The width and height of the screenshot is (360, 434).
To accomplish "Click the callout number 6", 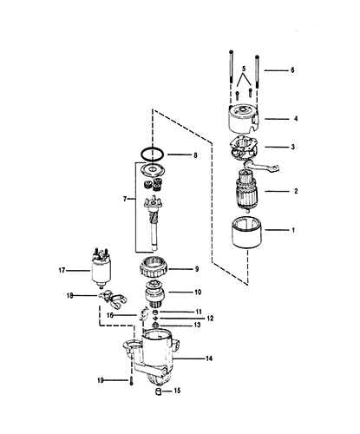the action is (292, 70).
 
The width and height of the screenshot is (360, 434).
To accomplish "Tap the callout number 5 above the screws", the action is (244, 69).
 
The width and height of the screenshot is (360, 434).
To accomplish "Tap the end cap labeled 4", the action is (244, 118).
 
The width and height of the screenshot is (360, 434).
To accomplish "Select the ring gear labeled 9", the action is (154, 268).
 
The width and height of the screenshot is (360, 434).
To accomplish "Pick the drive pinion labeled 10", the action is (154, 294).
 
